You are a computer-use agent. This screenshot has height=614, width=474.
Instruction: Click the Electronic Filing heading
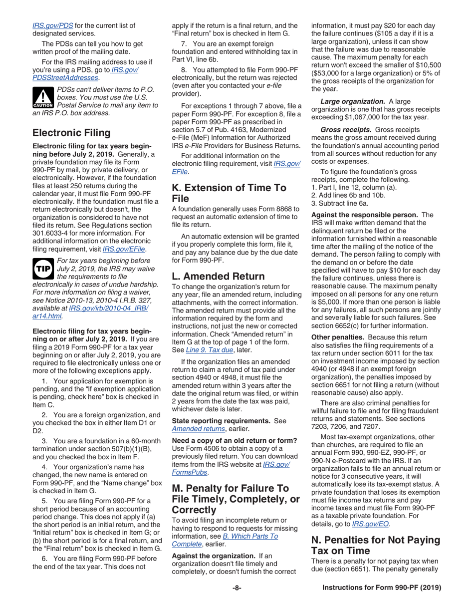[x=71, y=133]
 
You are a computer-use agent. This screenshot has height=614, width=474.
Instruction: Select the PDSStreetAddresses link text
[x=65, y=77]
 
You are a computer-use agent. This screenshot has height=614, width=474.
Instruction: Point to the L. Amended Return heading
[x=218, y=276]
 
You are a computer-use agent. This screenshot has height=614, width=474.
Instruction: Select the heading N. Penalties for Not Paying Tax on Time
[x=376, y=546]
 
